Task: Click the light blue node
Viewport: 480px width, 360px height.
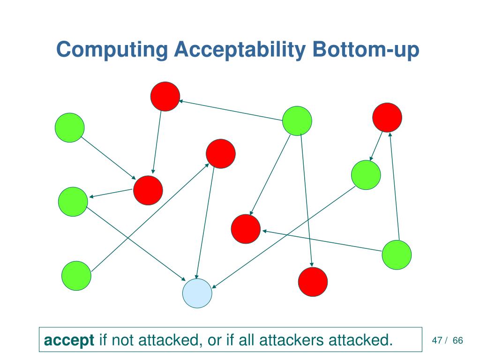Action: point(197,293)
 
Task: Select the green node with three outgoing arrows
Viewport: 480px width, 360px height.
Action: point(297,120)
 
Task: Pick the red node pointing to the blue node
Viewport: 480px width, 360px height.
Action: point(220,154)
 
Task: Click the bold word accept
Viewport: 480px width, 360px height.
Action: point(69,340)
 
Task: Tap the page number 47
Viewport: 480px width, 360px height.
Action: point(437,340)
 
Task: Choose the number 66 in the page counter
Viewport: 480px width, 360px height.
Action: point(457,340)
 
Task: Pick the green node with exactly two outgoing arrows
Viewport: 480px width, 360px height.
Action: point(397,255)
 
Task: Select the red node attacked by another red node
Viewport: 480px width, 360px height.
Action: point(148,190)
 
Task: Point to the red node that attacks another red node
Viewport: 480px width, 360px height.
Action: point(165,97)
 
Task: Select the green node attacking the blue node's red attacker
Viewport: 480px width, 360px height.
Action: point(76,275)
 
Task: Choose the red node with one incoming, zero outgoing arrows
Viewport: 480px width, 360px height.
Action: point(313,282)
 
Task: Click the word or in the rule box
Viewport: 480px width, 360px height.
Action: point(214,340)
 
